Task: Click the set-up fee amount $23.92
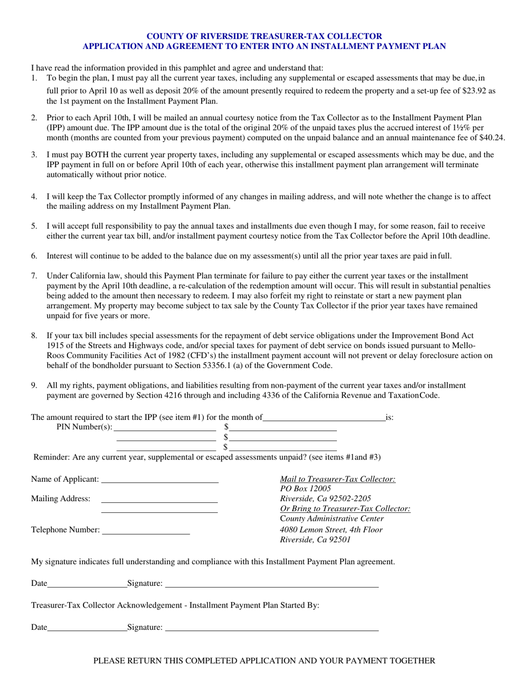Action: point(475,90)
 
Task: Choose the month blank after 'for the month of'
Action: point(324,418)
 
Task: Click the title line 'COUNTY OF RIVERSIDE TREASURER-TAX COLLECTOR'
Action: point(264,36)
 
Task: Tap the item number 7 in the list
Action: point(34,276)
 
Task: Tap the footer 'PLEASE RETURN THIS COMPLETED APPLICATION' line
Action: point(264,661)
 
